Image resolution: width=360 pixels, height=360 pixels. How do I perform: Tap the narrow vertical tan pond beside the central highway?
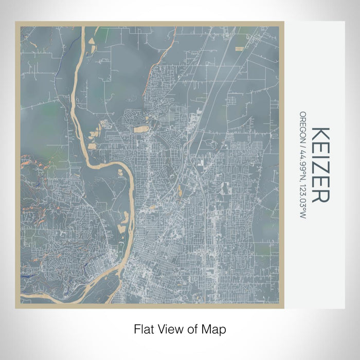[x=179, y=192]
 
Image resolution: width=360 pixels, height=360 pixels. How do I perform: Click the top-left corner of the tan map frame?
[x=16, y=22]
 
